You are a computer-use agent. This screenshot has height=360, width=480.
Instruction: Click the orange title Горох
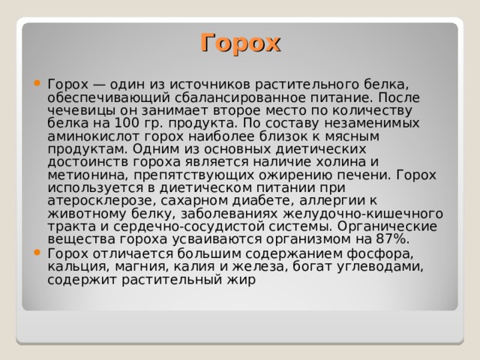click(240, 42)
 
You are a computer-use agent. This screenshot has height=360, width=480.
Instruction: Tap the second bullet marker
click(37, 253)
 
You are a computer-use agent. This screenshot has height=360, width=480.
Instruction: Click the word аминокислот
click(88, 136)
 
